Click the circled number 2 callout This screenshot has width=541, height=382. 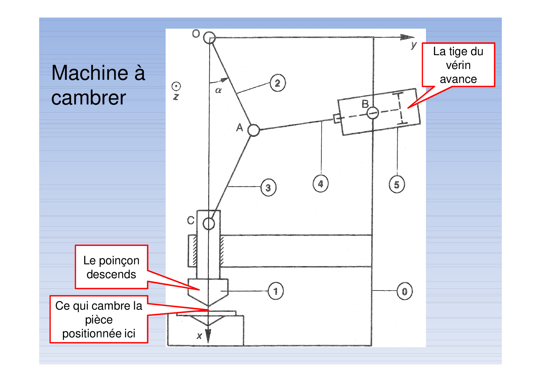[278, 83]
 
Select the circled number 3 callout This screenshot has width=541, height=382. [268, 187]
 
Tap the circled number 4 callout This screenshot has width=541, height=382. [320, 184]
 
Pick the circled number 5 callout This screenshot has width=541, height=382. [397, 184]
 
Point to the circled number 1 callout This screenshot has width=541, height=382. [275, 291]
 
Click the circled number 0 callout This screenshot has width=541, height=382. [404, 291]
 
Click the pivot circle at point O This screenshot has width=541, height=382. [209, 38]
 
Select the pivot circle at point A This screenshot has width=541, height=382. [254, 130]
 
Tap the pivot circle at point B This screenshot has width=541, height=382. [373, 113]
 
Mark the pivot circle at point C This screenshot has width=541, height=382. [209, 224]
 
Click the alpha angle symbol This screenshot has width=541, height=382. [218, 90]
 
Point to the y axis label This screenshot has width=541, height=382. [414, 45]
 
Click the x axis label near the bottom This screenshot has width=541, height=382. [200, 336]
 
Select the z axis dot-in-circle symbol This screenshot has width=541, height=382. [176, 86]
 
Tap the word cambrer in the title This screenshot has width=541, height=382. [89, 98]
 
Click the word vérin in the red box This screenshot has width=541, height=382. [458, 65]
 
